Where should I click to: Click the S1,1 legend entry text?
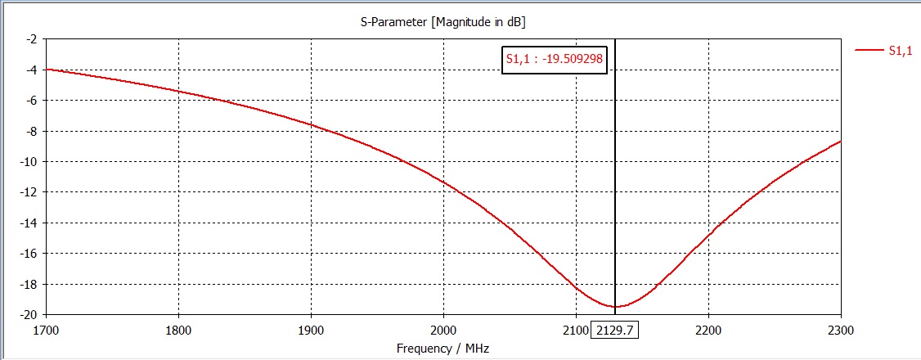[900, 50]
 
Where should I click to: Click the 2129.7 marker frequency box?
[615, 330]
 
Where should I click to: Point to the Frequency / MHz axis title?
[443, 348]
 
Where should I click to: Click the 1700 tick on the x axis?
[46, 330]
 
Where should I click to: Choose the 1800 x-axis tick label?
[178, 330]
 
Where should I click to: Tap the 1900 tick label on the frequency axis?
[311, 330]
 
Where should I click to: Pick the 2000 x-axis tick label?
[443, 330]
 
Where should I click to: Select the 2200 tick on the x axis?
[708, 330]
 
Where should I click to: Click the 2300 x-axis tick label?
[841, 330]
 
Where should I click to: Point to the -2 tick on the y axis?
[31, 38]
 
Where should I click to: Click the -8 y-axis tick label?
[31, 131]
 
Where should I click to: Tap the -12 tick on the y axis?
[29, 192]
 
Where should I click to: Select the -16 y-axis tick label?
[29, 254]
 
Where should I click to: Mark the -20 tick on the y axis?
[29, 315]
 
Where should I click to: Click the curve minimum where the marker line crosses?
[615, 307]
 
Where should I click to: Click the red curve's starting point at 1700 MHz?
[47, 70]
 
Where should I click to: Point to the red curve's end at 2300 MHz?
[840, 142]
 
